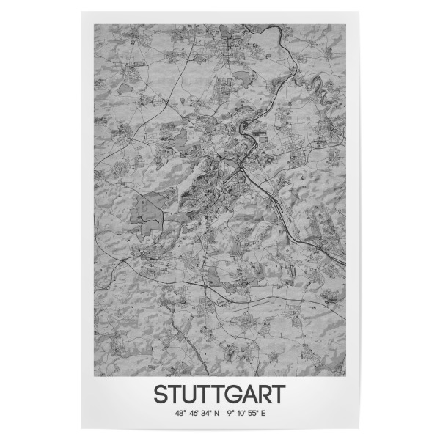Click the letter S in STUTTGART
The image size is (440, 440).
pos(160,394)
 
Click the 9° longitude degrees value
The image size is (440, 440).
pos(232,414)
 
